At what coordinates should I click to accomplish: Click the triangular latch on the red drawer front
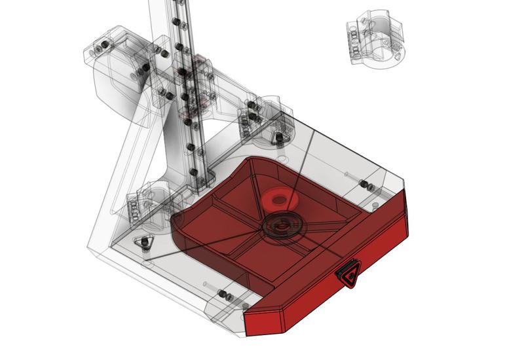click(350, 274)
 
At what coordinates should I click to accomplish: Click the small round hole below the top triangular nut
click(281, 159)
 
